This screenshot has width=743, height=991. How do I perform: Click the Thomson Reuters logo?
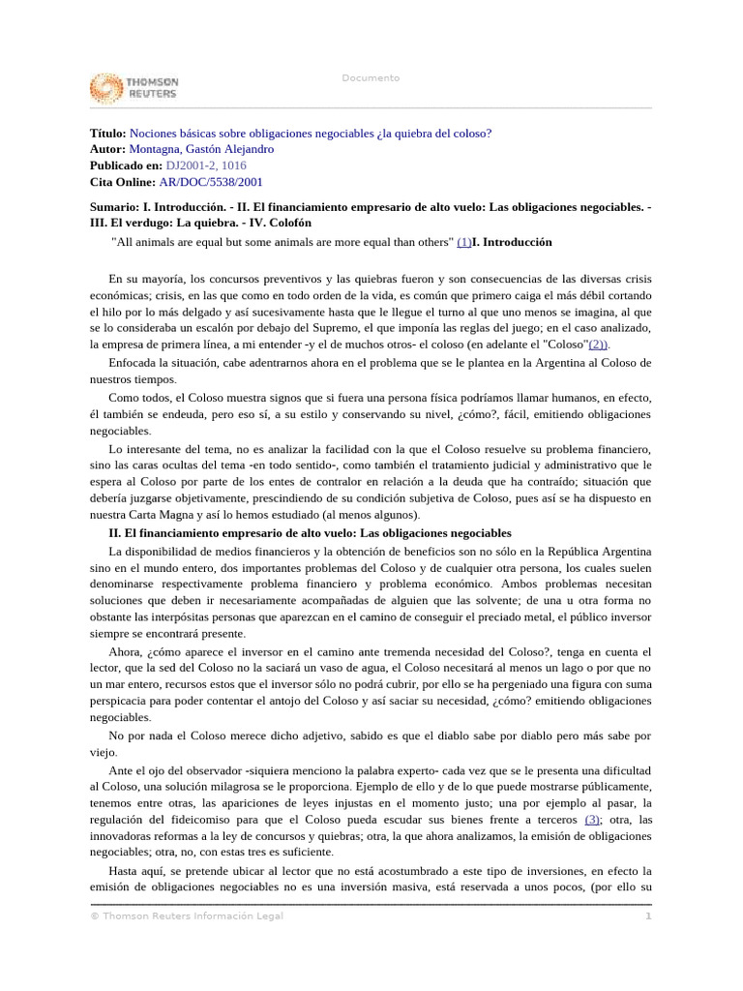click(134, 88)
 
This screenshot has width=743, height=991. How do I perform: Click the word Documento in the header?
click(371, 78)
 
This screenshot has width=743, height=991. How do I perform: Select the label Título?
click(107, 134)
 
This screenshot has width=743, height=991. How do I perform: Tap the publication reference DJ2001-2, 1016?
click(206, 165)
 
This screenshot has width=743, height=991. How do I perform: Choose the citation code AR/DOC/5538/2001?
click(211, 181)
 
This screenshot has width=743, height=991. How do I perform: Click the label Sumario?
click(115, 207)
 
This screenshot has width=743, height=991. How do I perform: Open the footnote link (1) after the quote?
click(463, 242)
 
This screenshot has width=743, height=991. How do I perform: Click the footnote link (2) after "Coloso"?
click(599, 344)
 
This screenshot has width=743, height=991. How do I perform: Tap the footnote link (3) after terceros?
click(593, 820)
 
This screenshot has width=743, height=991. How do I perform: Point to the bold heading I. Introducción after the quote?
click(512, 242)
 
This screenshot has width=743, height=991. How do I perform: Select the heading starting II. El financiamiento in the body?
click(310, 533)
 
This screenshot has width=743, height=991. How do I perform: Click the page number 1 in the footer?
click(649, 916)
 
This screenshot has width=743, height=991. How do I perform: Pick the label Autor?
click(107, 149)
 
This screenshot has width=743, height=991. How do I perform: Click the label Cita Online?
click(122, 181)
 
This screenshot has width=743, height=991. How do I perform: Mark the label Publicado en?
click(126, 165)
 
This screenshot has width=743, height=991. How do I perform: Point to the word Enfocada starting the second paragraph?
click(133, 363)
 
